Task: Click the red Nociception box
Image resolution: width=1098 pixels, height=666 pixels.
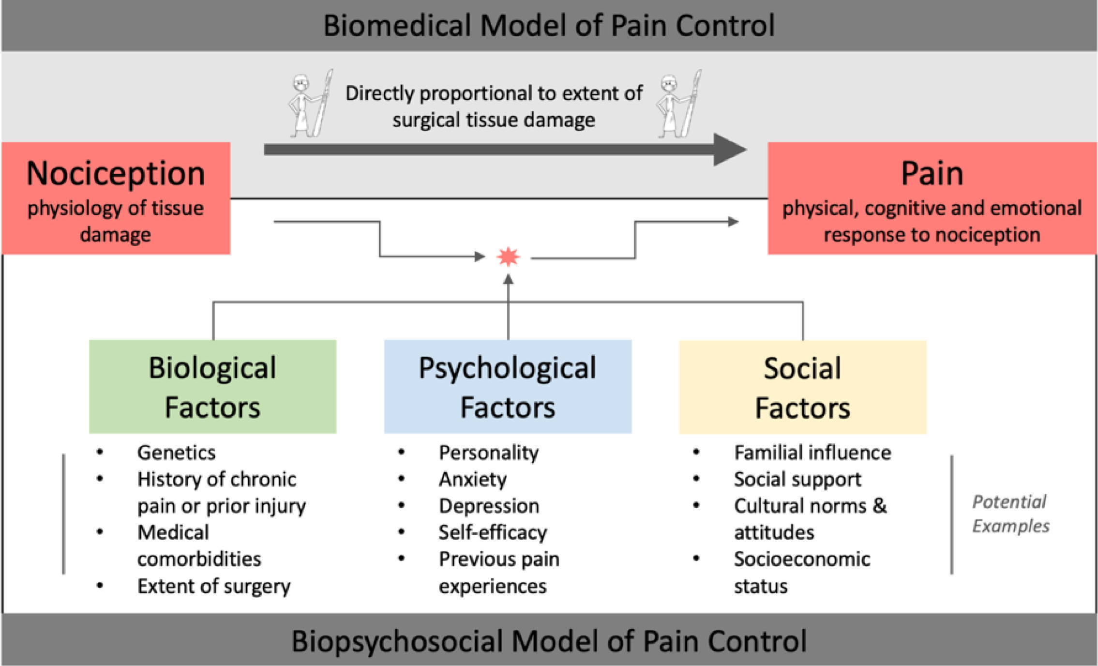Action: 116,198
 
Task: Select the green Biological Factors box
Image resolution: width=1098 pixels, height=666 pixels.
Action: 212,386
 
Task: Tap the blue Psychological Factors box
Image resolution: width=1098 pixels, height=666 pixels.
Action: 508,386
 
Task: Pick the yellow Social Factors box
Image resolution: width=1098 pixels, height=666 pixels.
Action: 803,387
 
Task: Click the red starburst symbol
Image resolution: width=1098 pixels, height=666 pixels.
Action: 508,257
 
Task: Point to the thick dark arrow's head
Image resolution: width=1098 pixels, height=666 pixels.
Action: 730,150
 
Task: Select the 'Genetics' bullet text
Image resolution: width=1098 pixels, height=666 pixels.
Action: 176,453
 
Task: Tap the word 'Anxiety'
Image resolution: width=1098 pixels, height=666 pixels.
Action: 473,479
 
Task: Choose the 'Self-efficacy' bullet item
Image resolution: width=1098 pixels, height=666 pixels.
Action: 493,532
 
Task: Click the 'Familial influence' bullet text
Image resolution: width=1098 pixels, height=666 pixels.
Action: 812,453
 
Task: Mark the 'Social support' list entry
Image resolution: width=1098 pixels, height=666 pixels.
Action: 797,479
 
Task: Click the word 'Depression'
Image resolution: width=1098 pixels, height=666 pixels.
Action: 489,506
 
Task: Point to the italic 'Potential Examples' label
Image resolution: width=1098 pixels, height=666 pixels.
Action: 1010,514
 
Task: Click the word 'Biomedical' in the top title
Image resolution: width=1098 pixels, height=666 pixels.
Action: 396,25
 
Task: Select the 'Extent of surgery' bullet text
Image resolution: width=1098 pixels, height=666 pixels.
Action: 214,586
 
